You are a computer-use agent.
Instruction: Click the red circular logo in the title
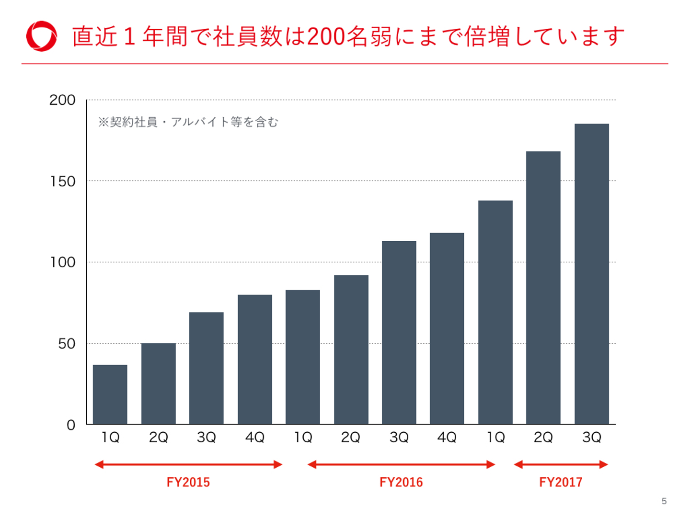pyautogui.click(x=42, y=36)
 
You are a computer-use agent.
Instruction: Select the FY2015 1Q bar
pyautogui.click(x=110, y=394)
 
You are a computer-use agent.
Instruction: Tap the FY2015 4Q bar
pyautogui.click(x=255, y=359)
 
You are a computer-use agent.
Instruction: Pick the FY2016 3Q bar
pyautogui.click(x=399, y=332)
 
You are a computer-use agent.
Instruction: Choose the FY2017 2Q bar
pyautogui.click(x=543, y=287)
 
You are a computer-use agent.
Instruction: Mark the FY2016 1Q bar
pyautogui.click(x=303, y=357)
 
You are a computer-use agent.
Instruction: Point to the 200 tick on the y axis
pyautogui.click(x=62, y=100)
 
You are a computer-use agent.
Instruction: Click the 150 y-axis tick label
pyautogui.click(x=62, y=181)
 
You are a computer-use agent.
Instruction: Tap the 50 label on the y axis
pyautogui.click(x=67, y=344)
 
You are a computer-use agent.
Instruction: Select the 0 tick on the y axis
pyautogui.click(x=71, y=425)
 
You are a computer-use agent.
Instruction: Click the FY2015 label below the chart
pyautogui.click(x=188, y=482)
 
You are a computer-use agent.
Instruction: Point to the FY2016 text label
pyautogui.click(x=401, y=482)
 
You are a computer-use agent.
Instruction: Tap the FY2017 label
pyautogui.click(x=561, y=482)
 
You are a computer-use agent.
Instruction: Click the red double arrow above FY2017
pyautogui.click(x=561, y=464)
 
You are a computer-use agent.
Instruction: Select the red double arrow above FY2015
pyautogui.click(x=188, y=464)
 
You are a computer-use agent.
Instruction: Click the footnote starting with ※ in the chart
pyautogui.click(x=188, y=122)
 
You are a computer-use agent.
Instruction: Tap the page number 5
pyautogui.click(x=664, y=501)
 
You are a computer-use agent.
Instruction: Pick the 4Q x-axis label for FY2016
pyautogui.click(x=447, y=437)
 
